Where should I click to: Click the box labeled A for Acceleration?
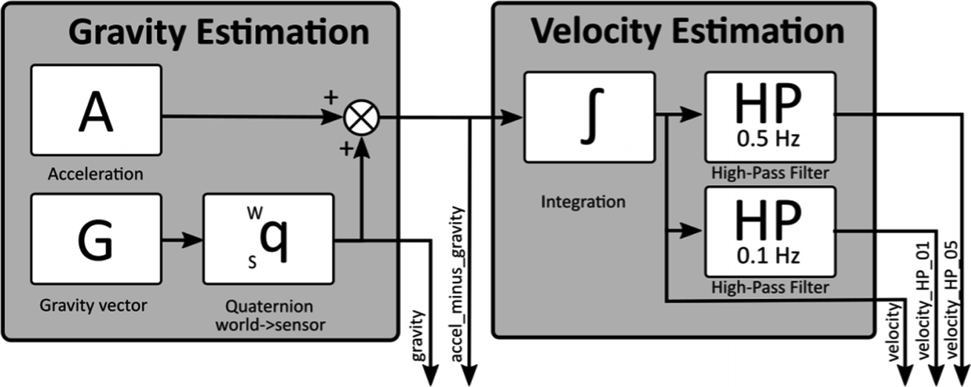[x=96, y=110]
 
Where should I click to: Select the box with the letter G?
[x=96, y=238]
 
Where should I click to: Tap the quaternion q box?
[x=268, y=238]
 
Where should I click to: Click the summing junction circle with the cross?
[x=362, y=116]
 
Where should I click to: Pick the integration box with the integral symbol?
[x=589, y=117]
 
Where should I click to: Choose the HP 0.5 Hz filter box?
[x=769, y=117]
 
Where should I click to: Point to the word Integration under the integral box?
[x=583, y=201]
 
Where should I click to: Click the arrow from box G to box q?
[x=182, y=240]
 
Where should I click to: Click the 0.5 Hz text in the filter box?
[x=769, y=140]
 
